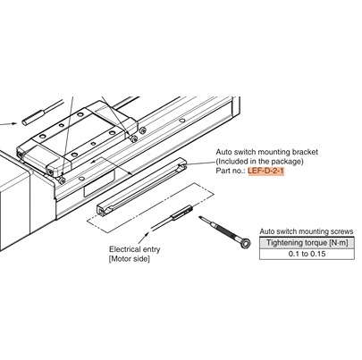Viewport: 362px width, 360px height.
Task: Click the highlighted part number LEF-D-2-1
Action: coord(266,172)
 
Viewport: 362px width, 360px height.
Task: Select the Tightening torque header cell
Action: coord(307,243)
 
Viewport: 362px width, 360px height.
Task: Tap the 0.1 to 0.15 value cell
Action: coord(307,254)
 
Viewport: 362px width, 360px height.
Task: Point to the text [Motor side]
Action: coord(130,259)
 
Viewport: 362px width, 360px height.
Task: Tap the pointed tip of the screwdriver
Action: coord(200,217)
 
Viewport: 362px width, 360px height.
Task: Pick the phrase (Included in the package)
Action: coord(259,162)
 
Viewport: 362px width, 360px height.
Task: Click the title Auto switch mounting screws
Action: coord(307,231)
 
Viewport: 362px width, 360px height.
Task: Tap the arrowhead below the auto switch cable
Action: coord(147,234)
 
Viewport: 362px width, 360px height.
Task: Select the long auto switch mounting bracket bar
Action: coord(142,186)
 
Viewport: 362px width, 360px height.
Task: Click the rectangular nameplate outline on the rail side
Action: coord(99,183)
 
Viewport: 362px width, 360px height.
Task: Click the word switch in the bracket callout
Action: coord(245,152)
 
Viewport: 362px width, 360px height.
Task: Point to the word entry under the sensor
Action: coord(152,250)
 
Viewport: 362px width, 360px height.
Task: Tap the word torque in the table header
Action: coord(316,243)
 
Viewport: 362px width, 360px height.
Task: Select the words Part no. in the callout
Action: coord(231,172)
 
